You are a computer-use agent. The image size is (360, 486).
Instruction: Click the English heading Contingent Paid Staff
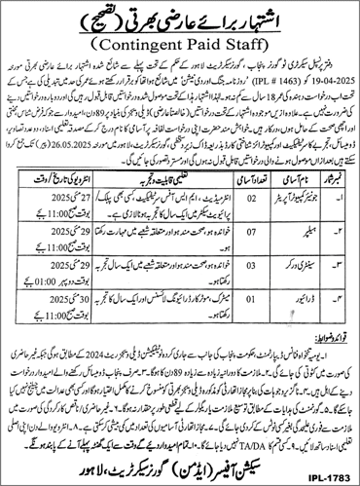[180, 44]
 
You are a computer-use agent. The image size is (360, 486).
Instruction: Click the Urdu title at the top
[180, 17]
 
